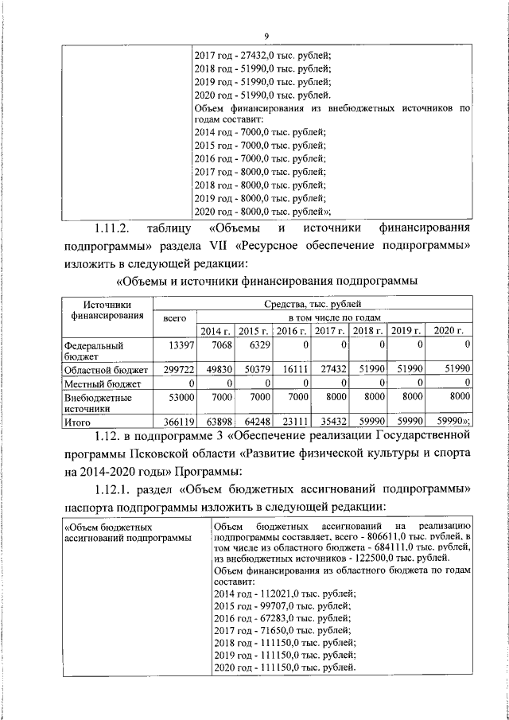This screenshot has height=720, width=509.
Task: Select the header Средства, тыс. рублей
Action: (312, 304)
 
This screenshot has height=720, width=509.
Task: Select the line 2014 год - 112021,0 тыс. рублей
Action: (285, 593)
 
